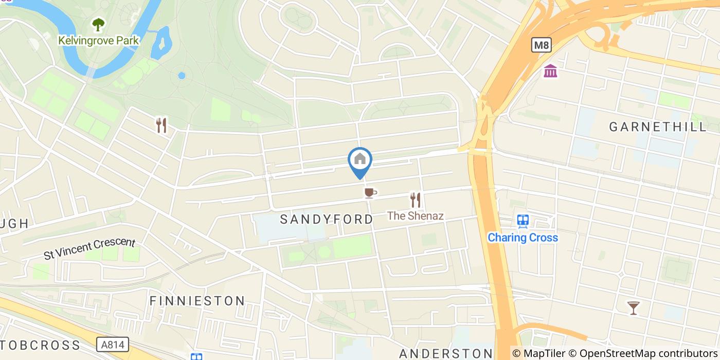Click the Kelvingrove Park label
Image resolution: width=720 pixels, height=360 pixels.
click(x=98, y=40)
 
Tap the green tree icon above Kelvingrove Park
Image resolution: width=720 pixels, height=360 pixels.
click(x=98, y=24)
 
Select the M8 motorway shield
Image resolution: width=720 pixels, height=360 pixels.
click(x=541, y=45)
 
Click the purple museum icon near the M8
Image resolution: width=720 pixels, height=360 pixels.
click(x=550, y=71)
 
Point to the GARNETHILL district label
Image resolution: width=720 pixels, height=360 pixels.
click(x=658, y=127)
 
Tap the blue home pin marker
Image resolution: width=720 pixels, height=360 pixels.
click(x=360, y=160)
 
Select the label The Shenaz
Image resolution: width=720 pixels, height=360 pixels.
click(x=415, y=216)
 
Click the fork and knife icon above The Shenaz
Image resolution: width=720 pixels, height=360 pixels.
click(x=416, y=200)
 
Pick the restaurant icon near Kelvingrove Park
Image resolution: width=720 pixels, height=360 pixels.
click(x=161, y=125)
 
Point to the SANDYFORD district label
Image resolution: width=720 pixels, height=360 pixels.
click(x=327, y=220)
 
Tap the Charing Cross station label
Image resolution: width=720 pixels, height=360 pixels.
click(x=523, y=238)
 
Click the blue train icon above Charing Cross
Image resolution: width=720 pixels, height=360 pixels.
click(x=523, y=221)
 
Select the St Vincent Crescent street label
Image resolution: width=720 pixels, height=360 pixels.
click(x=89, y=248)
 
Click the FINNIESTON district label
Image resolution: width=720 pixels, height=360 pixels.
click(x=197, y=301)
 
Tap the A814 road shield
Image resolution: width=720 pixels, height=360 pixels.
click(x=112, y=344)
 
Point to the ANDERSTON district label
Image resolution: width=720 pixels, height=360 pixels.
click(x=446, y=353)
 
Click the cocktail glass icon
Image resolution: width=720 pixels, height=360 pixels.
click(x=634, y=308)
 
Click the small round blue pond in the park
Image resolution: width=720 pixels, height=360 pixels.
click(x=182, y=76)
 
